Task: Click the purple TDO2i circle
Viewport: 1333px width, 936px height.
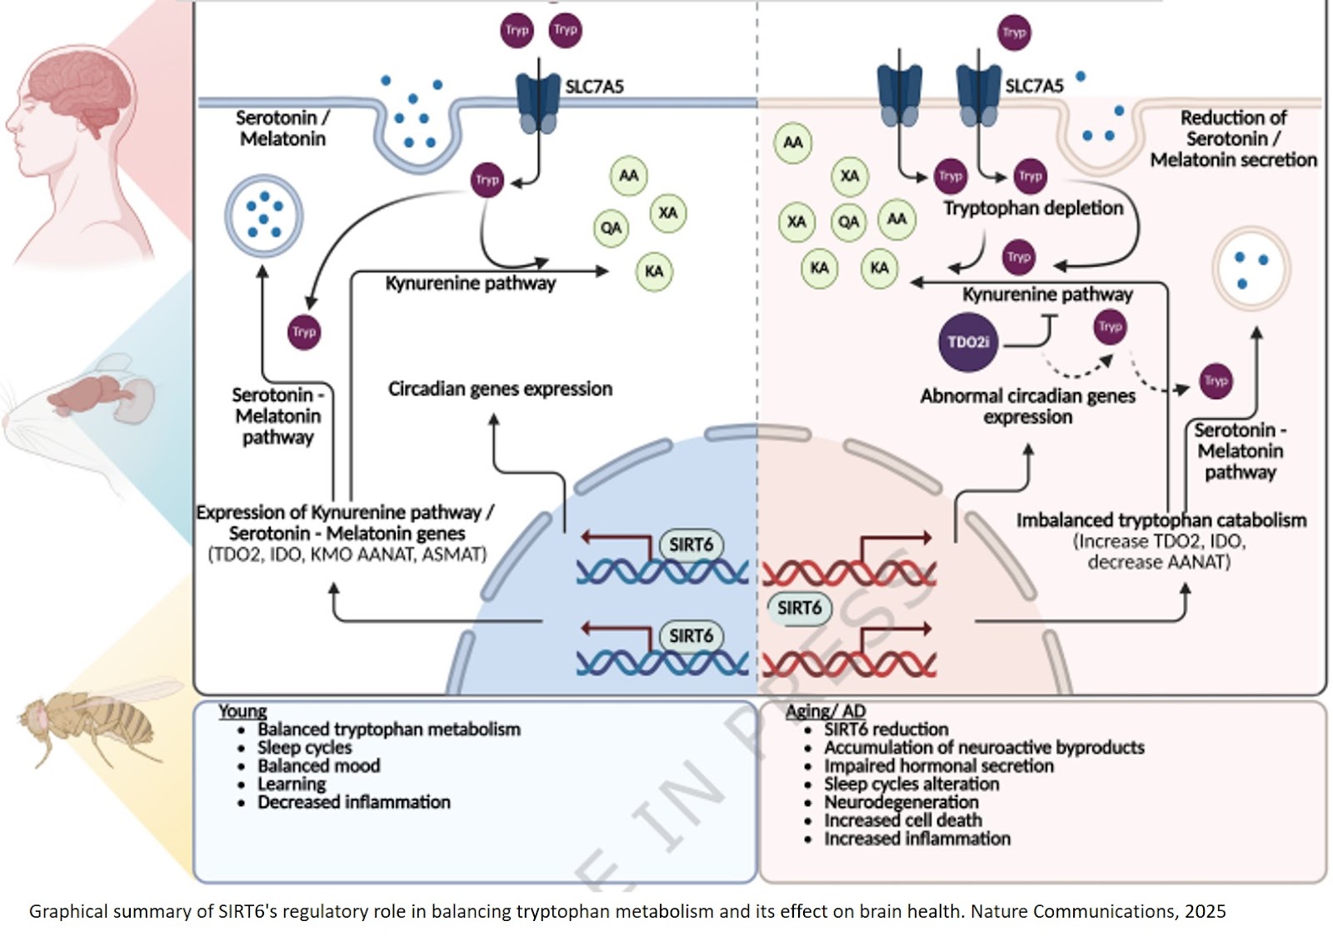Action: (967, 341)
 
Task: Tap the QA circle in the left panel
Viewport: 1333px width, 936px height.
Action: (611, 228)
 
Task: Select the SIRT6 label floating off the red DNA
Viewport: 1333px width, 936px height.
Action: (799, 608)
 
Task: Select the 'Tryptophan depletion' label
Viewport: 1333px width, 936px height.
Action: (1033, 208)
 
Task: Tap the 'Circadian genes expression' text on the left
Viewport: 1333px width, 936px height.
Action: (500, 389)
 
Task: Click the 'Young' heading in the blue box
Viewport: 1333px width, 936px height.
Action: (242, 711)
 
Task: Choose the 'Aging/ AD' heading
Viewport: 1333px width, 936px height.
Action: (825, 711)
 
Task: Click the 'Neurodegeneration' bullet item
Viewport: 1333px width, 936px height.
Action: (901, 802)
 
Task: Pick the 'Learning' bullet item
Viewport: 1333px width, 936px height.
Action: (292, 784)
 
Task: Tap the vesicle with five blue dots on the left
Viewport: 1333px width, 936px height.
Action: (264, 216)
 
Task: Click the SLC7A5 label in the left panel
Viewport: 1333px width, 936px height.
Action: (594, 87)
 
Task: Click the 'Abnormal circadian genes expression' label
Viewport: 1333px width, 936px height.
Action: (1027, 406)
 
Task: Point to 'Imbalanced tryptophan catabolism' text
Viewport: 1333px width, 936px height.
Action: (1161, 520)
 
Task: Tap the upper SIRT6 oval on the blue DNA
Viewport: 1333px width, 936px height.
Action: (691, 545)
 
